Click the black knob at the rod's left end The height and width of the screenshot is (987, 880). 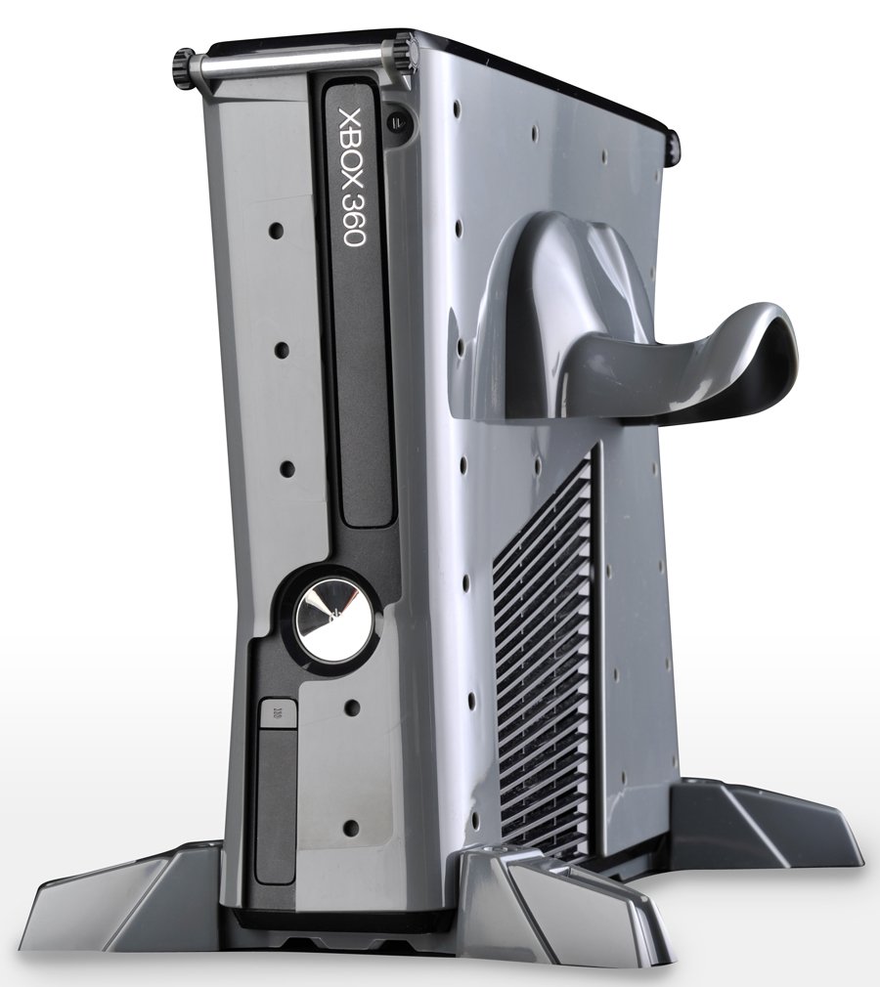181,67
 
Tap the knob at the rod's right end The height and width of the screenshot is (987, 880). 402,51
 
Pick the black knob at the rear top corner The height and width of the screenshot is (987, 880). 674,144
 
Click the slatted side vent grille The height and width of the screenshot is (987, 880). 543,665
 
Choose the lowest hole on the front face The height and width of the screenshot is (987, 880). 351,828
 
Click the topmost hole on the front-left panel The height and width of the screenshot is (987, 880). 276,232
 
